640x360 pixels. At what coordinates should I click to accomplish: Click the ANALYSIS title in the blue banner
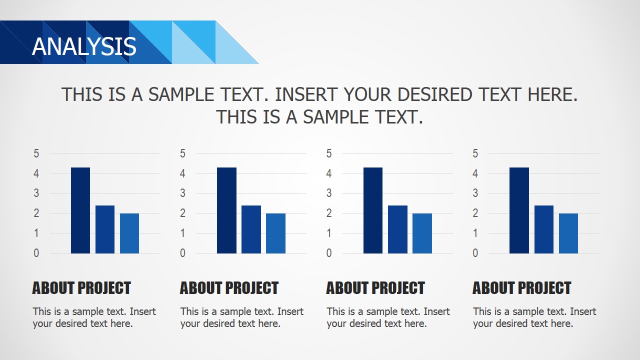84,46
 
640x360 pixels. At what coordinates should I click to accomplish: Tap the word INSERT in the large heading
306,94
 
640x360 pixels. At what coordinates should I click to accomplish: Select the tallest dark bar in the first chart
80,210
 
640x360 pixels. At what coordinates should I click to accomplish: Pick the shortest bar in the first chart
129,233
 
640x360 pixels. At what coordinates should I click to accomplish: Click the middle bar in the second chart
251,229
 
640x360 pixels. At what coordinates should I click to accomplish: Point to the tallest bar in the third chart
373,210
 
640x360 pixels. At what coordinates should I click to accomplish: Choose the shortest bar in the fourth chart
568,233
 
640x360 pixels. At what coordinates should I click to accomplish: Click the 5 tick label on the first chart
36,153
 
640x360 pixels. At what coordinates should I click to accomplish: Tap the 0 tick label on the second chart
182,253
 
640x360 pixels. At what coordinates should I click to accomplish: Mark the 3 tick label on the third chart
329,193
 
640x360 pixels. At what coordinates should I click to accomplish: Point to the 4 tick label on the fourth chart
475,173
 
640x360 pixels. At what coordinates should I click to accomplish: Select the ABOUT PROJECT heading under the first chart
81,288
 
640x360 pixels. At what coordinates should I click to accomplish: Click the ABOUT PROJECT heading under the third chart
375,288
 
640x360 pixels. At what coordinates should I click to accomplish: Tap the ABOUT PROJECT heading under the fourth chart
521,288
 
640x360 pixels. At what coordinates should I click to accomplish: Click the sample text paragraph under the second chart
242,317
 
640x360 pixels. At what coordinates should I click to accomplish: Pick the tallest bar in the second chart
226,210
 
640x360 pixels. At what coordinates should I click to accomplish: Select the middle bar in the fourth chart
544,229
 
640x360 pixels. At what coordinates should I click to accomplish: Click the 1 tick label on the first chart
36,233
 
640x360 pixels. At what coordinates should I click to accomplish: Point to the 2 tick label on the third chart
329,213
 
